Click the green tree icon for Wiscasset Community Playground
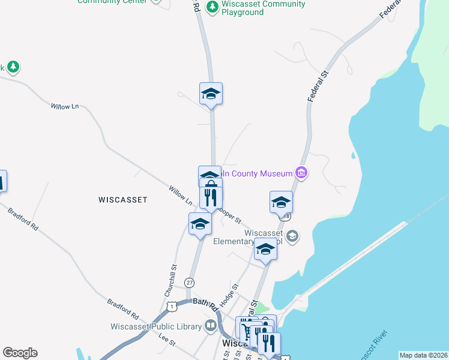pyautogui.click(x=212, y=7)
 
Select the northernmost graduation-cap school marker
pyautogui.click(x=211, y=94)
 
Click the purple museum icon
pyautogui.click(x=301, y=174)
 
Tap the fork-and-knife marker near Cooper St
pyautogui.click(x=211, y=198)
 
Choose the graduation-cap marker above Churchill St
pyautogui.click(x=200, y=224)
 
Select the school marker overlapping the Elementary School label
pyautogui.click(x=265, y=250)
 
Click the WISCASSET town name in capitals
pyautogui.click(x=122, y=200)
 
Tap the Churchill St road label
pyautogui.click(x=170, y=281)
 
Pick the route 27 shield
pyautogui.click(x=189, y=282)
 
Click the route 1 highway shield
pyautogui.click(x=172, y=306)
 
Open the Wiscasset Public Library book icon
pyautogui.click(x=211, y=326)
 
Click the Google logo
pyautogui.click(x=20, y=353)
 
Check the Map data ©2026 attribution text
pyautogui.click(x=423, y=355)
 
